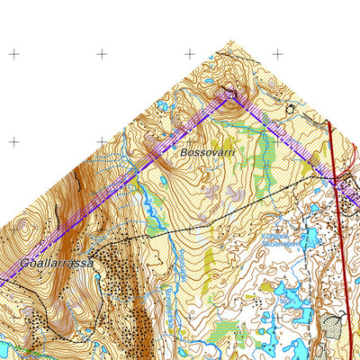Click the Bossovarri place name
point(207,153)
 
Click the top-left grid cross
point(13,54)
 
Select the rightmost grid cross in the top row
point(277,54)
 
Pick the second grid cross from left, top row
point(101,54)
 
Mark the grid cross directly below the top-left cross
point(13,141)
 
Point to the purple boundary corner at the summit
point(229,93)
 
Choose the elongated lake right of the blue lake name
point(310,238)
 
